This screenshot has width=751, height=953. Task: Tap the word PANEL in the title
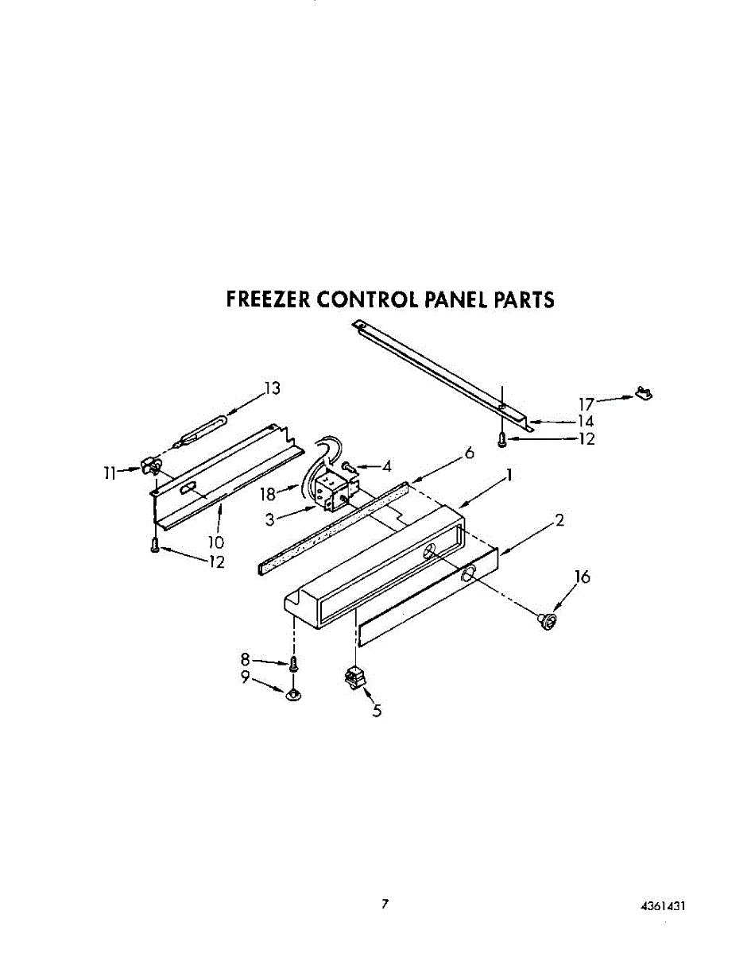tap(459, 299)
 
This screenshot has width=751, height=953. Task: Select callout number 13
tap(273, 388)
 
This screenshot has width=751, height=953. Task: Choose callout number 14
tap(586, 422)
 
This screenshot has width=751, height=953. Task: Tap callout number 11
tap(110, 472)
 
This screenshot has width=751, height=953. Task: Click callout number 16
tap(583, 577)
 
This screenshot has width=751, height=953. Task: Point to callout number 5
tap(377, 712)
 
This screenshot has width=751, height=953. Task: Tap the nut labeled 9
tap(293, 695)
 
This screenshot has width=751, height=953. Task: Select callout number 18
tap(268, 494)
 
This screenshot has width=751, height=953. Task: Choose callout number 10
tap(216, 543)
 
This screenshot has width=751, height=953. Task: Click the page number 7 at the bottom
tap(385, 903)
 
